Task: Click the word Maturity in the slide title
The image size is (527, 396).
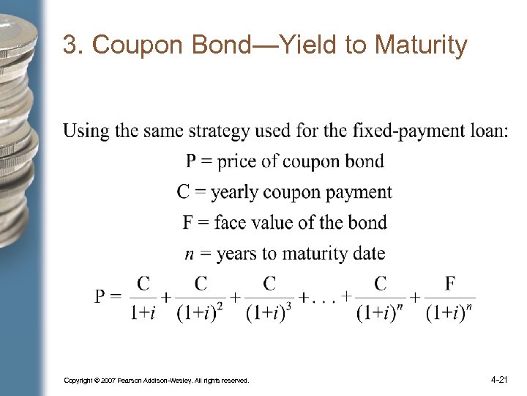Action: coord(420,45)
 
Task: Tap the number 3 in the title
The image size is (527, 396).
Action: coord(70,45)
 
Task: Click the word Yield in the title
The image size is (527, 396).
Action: coord(305,45)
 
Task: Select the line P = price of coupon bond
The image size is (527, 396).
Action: coord(285,161)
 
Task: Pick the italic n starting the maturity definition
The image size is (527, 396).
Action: coord(189,254)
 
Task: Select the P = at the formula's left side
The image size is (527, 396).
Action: coord(108,297)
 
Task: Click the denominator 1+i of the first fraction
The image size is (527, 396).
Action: coord(143,312)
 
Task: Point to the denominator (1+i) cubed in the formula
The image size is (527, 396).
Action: coord(269,312)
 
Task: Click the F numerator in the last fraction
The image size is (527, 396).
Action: coord(450,283)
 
